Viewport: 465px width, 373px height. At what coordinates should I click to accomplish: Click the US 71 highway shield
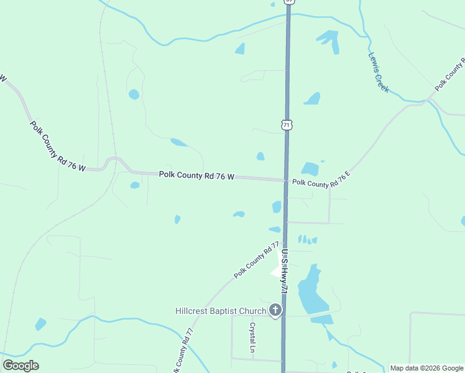(x=286, y=124)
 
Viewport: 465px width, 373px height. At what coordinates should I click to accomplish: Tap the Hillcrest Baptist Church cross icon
(x=275, y=310)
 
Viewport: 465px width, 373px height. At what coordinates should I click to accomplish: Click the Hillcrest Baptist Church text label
(x=220, y=310)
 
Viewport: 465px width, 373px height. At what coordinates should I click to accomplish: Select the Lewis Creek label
(x=378, y=72)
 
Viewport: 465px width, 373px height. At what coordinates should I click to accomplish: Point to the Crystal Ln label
(x=253, y=336)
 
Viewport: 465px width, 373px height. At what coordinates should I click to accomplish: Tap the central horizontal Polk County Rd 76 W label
(x=196, y=176)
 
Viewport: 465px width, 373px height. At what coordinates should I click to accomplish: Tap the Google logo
(x=21, y=366)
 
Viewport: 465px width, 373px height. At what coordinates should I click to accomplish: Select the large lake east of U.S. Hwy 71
(x=311, y=291)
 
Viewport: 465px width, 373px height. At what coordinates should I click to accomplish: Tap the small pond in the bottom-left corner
(x=40, y=324)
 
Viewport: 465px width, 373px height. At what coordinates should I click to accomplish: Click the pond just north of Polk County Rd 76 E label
(x=310, y=168)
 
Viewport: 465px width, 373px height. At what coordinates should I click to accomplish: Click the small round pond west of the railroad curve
(x=134, y=94)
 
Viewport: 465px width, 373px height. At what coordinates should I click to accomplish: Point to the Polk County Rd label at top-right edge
(x=450, y=75)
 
